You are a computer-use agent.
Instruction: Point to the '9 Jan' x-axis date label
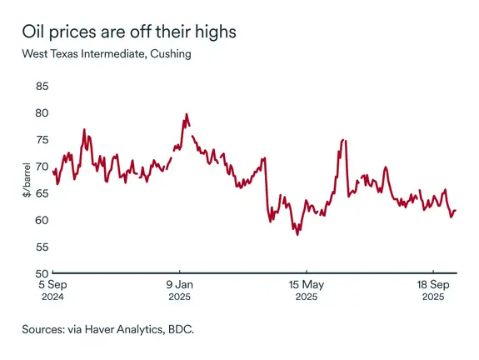pos(179,284)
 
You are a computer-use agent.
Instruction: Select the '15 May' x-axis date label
pos(306,284)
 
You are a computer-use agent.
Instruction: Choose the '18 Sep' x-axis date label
pos(432,284)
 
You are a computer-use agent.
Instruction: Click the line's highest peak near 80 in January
pos(186,114)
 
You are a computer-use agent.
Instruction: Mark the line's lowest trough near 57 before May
pos(297,235)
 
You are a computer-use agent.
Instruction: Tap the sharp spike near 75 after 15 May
pos(343,140)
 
